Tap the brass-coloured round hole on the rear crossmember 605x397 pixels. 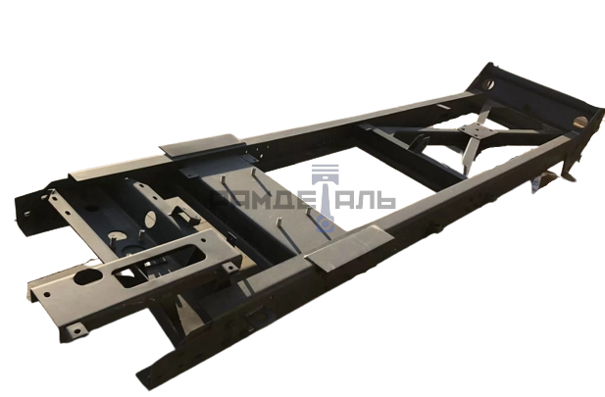pos(580,122)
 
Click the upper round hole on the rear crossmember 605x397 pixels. pos(488,83)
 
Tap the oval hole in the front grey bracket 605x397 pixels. pos(87,276)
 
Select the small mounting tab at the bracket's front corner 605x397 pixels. pos(76,330)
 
